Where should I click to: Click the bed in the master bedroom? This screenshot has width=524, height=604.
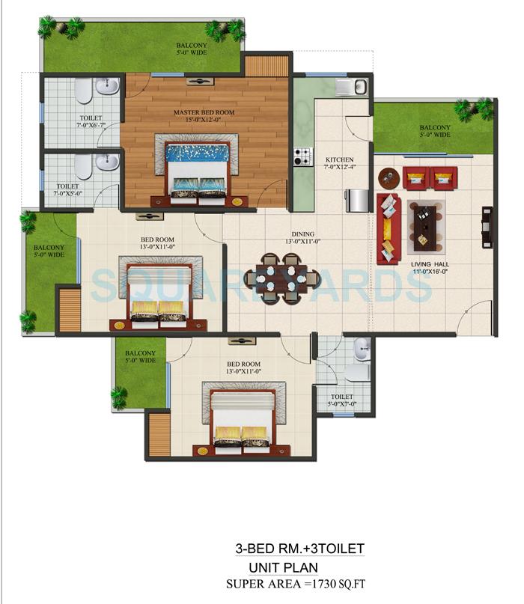pyautogui.click(x=196, y=171)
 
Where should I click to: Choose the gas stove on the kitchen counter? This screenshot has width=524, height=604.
pyautogui.click(x=302, y=156)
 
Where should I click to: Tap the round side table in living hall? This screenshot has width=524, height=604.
pyautogui.click(x=388, y=178)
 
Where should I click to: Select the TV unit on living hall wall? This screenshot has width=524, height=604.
pyautogui.click(x=487, y=228)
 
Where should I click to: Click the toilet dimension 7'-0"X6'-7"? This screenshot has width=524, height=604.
pyautogui.click(x=93, y=123)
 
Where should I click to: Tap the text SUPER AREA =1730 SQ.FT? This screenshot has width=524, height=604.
pyautogui.click(x=298, y=583)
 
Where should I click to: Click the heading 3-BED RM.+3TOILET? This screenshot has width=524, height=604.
pyautogui.click(x=298, y=549)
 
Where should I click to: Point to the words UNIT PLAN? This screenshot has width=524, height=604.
pyautogui.click(x=298, y=567)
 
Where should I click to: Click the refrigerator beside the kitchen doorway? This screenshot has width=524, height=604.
pyautogui.click(x=356, y=201)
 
